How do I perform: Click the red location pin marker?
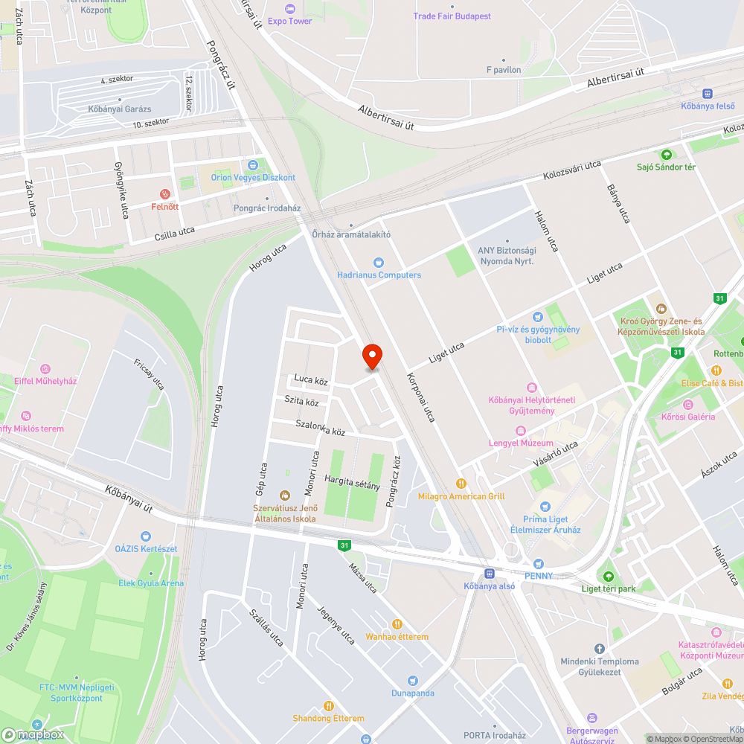tap(371, 356)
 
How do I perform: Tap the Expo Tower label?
tap(289, 21)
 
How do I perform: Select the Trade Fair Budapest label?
tap(452, 16)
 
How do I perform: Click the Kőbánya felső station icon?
tap(707, 94)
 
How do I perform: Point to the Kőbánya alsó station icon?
tap(489, 573)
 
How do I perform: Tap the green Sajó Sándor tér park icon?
tap(666, 155)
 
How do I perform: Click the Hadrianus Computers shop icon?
tap(379, 263)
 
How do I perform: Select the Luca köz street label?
tap(311, 379)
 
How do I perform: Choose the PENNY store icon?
tap(538, 564)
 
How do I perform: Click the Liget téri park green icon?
tap(608, 577)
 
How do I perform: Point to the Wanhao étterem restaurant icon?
tap(397, 624)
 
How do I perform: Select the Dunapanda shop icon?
tap(412, 681)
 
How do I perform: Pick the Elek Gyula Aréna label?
tap(151, 583)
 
